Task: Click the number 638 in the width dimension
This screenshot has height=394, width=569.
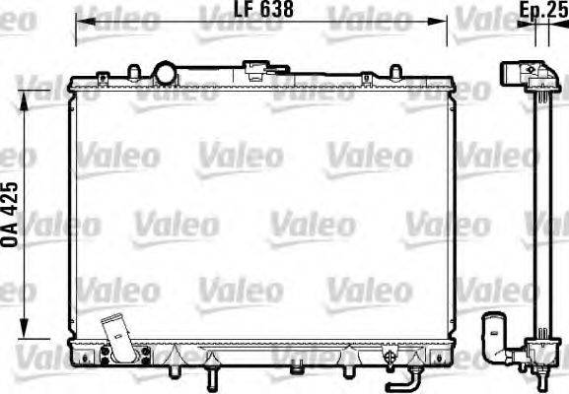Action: point(276,11)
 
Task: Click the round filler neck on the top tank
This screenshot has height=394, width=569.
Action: point(166,72)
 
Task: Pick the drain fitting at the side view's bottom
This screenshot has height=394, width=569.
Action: point(541,365)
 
